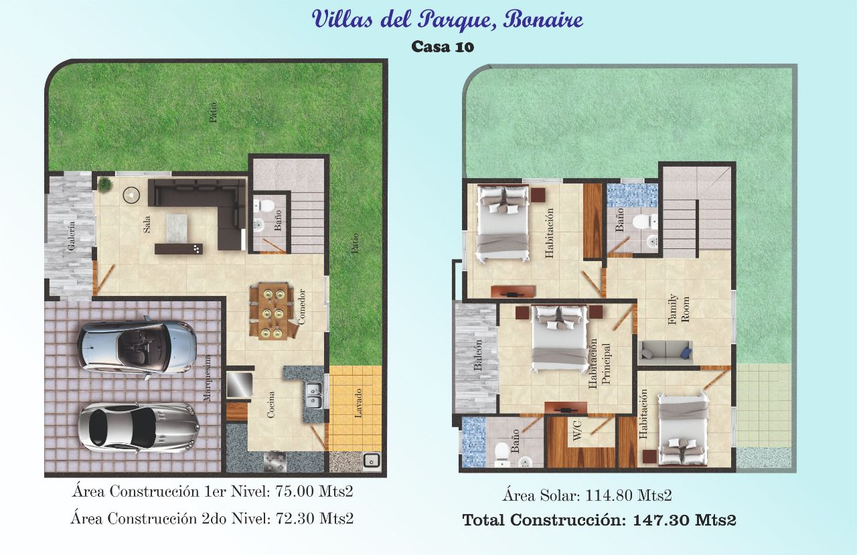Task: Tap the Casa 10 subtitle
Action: point(443,47)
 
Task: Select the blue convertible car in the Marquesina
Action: point(137,347)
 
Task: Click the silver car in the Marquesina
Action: point(139,428)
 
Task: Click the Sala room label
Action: point(147,224)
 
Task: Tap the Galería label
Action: point(71,236)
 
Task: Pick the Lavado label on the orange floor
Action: point(358,403)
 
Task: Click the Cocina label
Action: point(270,404)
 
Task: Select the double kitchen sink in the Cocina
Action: point(315,395)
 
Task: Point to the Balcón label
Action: point(477,355)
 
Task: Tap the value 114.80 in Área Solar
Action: point(609,495)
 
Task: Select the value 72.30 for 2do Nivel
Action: point(296,519)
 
